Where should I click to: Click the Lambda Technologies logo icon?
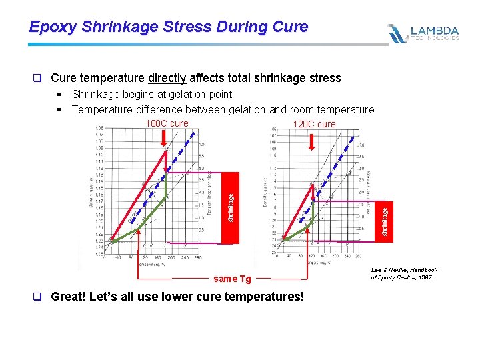(397, 33)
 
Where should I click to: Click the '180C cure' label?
(167, 123)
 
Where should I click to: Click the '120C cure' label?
(314, 124)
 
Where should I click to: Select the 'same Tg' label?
(232, 279)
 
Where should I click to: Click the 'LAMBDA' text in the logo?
(434, 30)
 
